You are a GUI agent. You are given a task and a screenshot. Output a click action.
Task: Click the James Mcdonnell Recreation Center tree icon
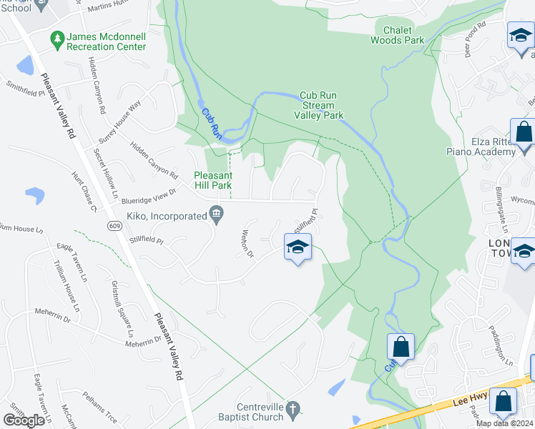coord(57,37)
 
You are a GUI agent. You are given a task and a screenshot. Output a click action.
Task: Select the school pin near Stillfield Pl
coord(298,248)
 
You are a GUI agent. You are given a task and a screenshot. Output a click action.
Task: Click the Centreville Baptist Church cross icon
coord(292,409)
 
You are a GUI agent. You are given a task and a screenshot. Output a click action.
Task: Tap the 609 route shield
coord(115,226)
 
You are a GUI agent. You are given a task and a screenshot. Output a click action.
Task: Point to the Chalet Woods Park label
coord(398,35)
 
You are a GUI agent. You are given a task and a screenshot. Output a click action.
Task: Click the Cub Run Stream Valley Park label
coord(318,105)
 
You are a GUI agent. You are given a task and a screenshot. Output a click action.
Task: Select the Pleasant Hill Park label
coord(213,180)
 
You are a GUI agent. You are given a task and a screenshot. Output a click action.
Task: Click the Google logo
coord(24,420)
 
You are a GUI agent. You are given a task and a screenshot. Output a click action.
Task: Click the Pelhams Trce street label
coord(99,405)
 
